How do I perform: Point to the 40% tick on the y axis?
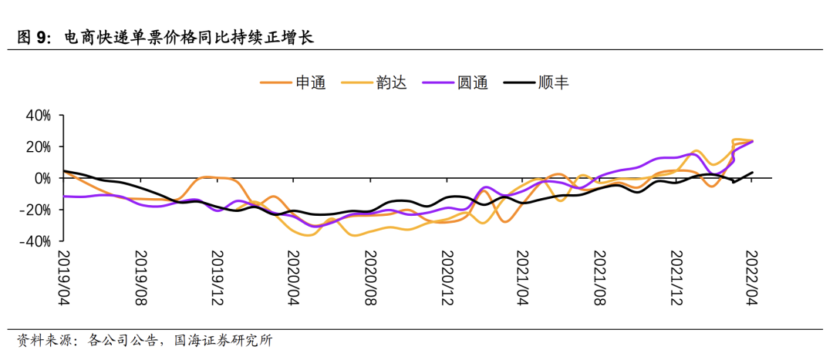click(x=38, y=116)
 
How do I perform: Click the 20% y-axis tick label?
click(x=38, y=146)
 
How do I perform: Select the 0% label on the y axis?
click(x=42, y=178)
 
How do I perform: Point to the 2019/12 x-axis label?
click(x=217, y=278)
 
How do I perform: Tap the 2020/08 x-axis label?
click(x=369, y=278)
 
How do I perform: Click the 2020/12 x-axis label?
click(x=446, y=278)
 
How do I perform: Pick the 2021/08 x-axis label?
click(x=599, y=278)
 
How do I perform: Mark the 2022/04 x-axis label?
click(x=752, y=278)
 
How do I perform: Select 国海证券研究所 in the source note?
click(x=224, y=340)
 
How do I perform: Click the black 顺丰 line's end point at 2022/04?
click(x=753, y=173)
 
